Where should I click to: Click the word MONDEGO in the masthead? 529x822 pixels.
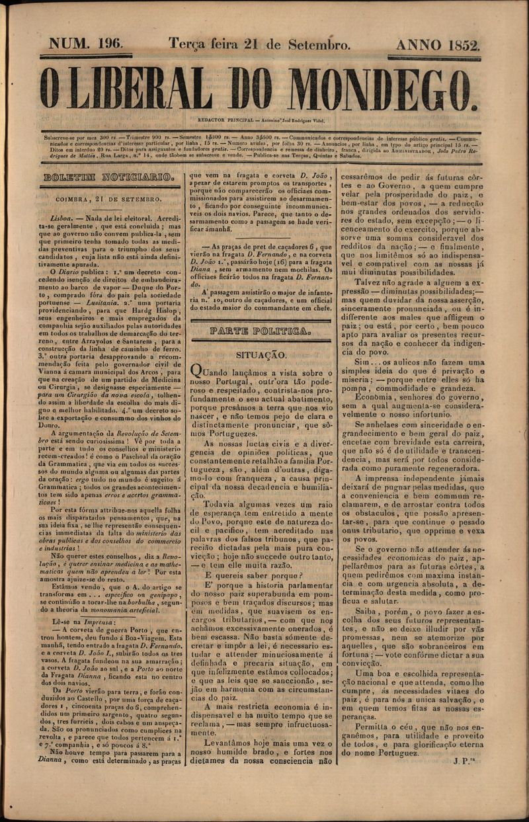(x=382, y=88)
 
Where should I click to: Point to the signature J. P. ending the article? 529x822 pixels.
(x=466, y=760)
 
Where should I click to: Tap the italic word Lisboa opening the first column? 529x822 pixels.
(x=64, y=216)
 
